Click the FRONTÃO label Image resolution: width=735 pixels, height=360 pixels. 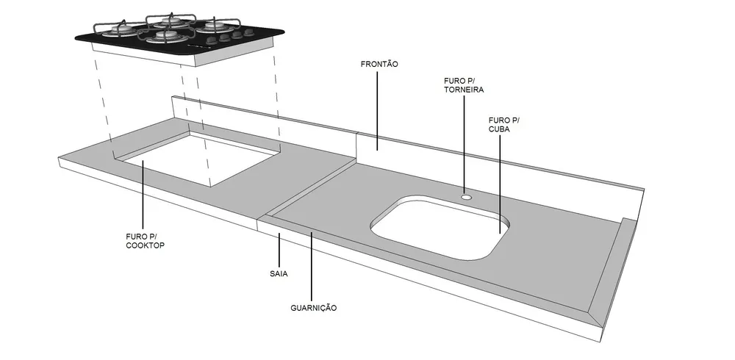tap(379, 64)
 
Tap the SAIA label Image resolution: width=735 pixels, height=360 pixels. tap(279, 274)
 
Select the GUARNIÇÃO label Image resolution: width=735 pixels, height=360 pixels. tap(314, 308)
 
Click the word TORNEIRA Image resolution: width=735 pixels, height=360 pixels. tap(464, 90)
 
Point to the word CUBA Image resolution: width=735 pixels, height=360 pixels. tap(499, 129)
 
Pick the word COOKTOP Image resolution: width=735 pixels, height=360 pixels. tap(146, 245)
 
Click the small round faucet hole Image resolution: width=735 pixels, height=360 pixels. tap(466, 197)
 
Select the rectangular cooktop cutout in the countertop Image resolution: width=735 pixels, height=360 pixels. tap(197, 159)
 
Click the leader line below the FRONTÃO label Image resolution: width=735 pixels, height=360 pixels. tap(377, 111)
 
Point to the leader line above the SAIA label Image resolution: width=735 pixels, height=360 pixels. tap(279, 250)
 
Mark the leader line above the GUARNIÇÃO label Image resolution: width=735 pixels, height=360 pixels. tap(311, 264)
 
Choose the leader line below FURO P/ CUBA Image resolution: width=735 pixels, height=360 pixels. tap(499, 184)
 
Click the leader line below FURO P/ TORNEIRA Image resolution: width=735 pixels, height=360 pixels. tap(464, 145)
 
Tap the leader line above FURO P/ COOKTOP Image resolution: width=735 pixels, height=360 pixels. tap(143, 195)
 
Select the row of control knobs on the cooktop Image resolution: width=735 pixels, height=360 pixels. tap(230, 35)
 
